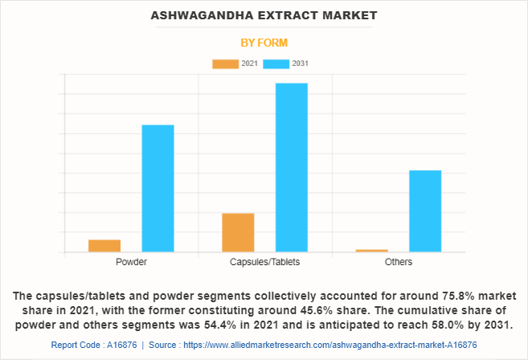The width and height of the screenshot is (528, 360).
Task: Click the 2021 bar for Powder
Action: (x=104, y=246)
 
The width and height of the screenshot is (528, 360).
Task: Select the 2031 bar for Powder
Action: (x=158, y=188)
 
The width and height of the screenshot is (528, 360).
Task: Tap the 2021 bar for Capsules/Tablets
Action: (x=238, y=232)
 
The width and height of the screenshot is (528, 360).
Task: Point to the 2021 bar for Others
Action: (x=371, y=251)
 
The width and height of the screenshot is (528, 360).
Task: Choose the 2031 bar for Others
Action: (x=425, y=211)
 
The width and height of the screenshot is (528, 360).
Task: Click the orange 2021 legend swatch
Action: (x=225, y=63)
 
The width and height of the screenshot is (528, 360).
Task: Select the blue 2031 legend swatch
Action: (x=278, y=63)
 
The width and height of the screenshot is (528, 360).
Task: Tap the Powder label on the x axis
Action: (x=131, y=263)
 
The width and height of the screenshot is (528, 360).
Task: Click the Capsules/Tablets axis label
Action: (x=265, y=263)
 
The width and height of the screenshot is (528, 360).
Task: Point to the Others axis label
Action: (x=399, y=263)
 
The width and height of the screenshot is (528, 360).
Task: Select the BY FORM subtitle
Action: (x=264, y=42)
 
